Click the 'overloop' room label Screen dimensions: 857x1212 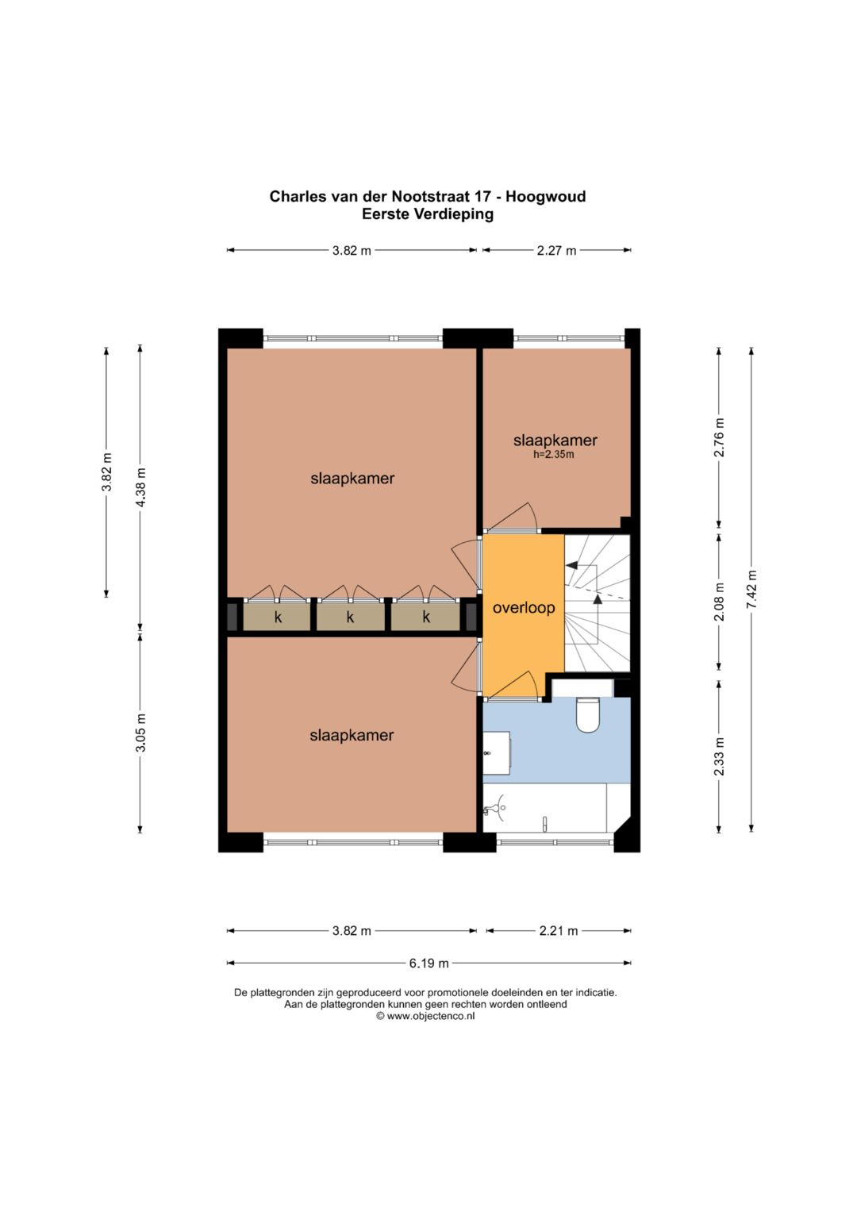(x=523, y=608)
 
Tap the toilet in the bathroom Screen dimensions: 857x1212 (x=588, y=714)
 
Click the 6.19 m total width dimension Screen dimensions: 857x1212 (x=428, y=963)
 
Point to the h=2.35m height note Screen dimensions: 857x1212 (x=554, y=455)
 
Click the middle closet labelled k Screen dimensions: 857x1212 (x=350, y=617)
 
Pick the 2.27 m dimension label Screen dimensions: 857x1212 (x=556, y=251)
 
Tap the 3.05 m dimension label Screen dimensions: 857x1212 (x=140, y=733)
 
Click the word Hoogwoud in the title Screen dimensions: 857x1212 (x=545, y=196)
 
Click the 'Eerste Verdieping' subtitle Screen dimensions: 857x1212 (x=428, y=214)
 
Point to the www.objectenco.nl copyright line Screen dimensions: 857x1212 (x=425, y=1016)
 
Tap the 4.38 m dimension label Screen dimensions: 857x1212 (x=140, y=487)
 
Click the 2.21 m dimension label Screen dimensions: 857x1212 (x=559, y=931)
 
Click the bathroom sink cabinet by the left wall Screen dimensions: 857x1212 (x=497, y=752)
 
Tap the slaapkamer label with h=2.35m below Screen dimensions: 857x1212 (x=555, y=441)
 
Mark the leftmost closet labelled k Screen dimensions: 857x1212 (x=277, y=617)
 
